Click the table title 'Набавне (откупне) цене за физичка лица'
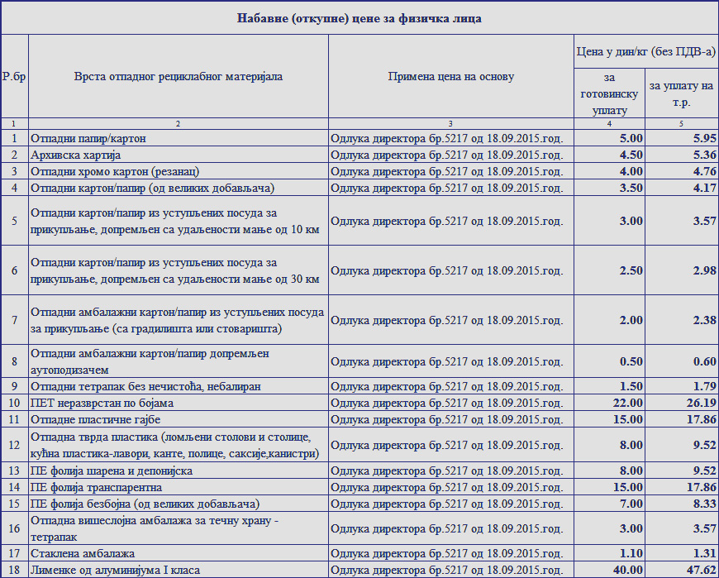coord(359,17)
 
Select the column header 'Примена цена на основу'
coord(451,76)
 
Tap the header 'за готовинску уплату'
coord(610,93)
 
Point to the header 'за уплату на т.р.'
coord(681,93)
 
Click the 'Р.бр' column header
coord(14,76)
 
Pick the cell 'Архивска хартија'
coord(76,155)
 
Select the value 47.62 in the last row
coord(699,570)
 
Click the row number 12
coord(14,445)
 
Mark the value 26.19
coord(699,403)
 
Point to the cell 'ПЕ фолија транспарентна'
coord(97,487)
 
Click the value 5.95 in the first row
coord(702,138)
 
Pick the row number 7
coord(14,320)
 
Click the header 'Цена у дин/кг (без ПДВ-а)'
coord(645,52)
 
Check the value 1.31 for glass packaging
coord(702,553)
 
